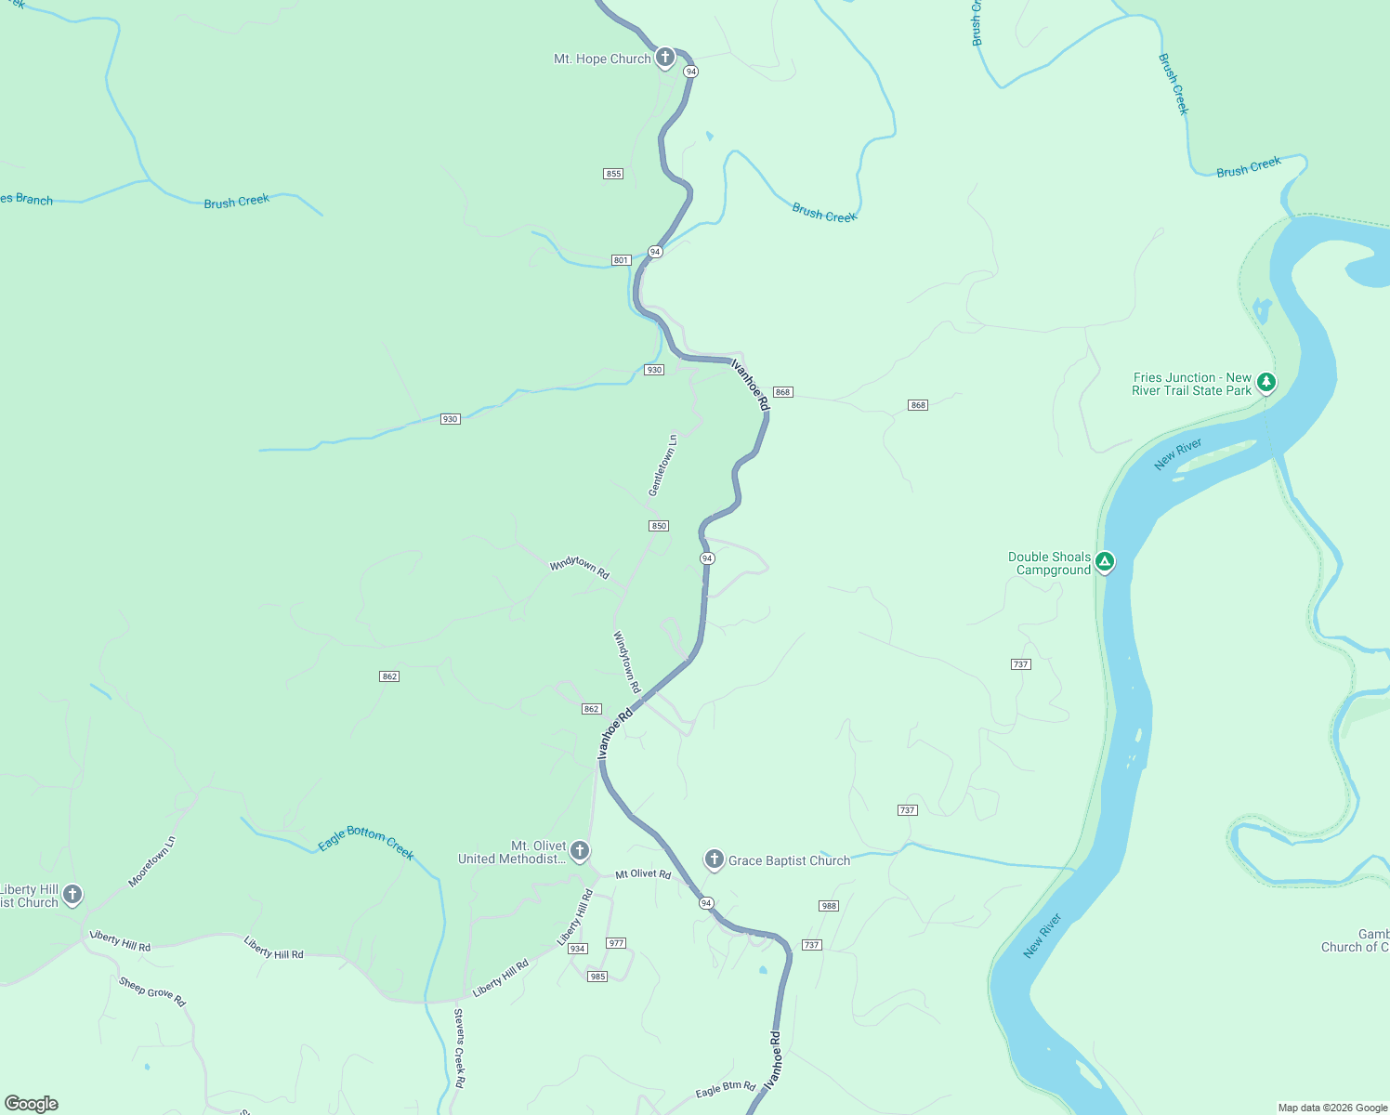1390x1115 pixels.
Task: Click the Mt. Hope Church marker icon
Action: point(664,58)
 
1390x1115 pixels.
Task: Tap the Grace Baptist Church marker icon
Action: point(714,859)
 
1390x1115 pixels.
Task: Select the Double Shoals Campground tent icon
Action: point(1104,561)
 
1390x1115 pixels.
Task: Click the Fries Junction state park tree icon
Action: point(1265,382)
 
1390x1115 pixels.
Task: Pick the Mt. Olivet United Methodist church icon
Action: point(579,850)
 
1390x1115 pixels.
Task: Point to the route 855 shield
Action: point(613,174)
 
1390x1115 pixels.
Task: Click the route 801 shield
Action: point(621,260)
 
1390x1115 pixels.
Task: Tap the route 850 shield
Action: point(659,526)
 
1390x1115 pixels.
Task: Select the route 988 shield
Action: point(829,906)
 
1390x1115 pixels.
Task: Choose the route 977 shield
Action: point(616,943)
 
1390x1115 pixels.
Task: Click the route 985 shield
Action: point(597,977)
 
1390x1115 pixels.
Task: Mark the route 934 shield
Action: point(578,949)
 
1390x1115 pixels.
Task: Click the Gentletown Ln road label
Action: point(662,465)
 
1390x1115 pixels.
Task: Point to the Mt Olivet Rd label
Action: point(643,874)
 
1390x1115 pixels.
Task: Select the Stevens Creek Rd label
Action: point(459,1048)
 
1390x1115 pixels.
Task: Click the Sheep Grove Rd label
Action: point(152,991)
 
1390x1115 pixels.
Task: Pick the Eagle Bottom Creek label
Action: point(366,842)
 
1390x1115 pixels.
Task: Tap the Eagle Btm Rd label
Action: point(726,1088)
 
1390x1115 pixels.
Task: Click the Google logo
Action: point(32,1104)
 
